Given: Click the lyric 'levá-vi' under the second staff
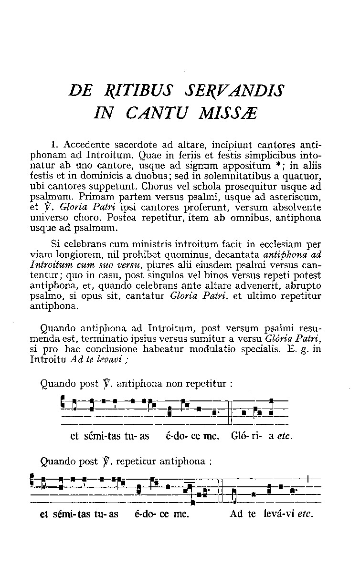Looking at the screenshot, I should pos(278,514).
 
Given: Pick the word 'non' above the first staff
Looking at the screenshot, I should pos(179,383).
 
